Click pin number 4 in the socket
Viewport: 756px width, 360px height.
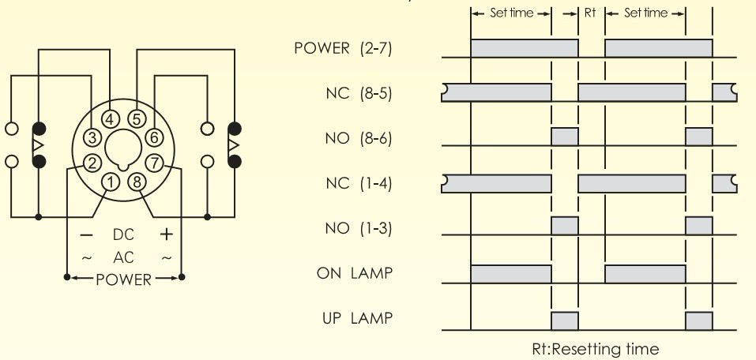pyautogui.click(x=111, y=119)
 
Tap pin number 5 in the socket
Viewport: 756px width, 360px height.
pyautogui.click(x=137, y=119)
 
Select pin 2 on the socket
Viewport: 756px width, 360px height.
pyautogui.click(x=92, y=163)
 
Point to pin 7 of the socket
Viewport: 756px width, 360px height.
pyautogui.click(x=154, y=163)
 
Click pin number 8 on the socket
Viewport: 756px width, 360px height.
pyautogui.click(x=137, y=182)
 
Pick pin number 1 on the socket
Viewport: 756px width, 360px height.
pyautogui.click(x=111, y=182)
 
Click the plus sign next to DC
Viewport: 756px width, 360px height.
pyautogui.click(x=167, y=234)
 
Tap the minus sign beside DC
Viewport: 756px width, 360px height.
pyautogui.click(x=86, y=235)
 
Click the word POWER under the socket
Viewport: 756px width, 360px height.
pyautogui.click(x=123, y=279)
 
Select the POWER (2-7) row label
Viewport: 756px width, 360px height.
pyautogui.click(x=343, y=49)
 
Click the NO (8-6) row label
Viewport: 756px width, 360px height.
pyautogui.click(x=358, y=139)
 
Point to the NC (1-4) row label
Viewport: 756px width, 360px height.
pyautogui.click(x=359, y=184)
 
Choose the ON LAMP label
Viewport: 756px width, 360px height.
pyautogui.click(x=355, y=273)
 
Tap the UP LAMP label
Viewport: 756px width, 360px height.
pyautogui.click(x=357, y=318)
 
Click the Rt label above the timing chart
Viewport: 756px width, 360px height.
pyautogui.click(x=591, y=13)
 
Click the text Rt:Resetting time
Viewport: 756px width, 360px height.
pyautogui.click(x=596, y=348)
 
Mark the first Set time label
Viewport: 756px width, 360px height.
pyautogui.click(x=512, y=13)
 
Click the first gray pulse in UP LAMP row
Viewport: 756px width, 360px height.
pyautogui.click(x=565, y=321)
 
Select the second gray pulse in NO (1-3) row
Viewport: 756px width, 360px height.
pyautogui.click(x=698, y=226)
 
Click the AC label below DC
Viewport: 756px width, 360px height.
pyautogui.click(x=123, y=257)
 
